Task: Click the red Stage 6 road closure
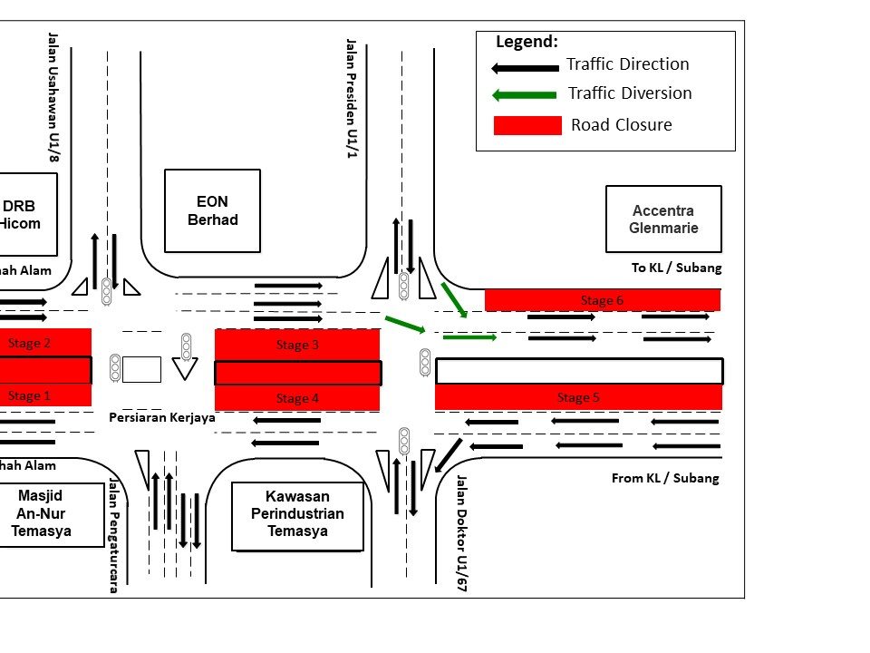pos(603,300)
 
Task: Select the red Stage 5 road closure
pos(578,397)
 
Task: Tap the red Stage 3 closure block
pos(297,345)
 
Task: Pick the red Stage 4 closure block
pos(297,398)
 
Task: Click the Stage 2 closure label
pos(29,343)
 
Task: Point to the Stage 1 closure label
pos(29,395)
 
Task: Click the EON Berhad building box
pos(212,210)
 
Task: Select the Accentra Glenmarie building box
pos(663,219)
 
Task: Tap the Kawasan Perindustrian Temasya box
pos(298,514)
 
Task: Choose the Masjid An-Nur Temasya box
pos(45,513)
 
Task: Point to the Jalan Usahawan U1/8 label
pos(53,98)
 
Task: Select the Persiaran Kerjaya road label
pos(162,418)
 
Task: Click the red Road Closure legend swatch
pos(527,125)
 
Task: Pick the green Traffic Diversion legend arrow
pos(524,94)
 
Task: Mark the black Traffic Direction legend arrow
pos(524,67)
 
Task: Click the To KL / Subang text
pos(676,268)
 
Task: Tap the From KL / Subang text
pos(665,478)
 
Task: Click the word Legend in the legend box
pos(527,42)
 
